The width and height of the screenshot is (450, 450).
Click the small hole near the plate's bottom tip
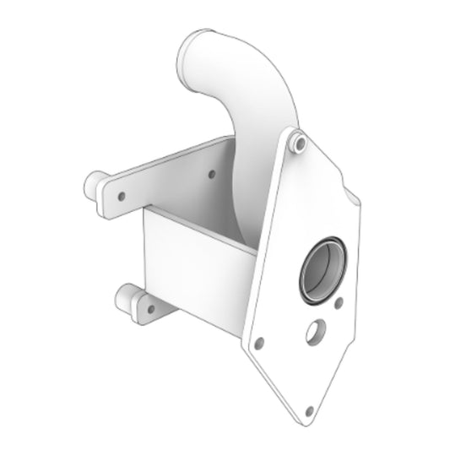(x=309, y=410)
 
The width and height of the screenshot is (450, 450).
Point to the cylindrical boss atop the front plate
(x=297, y=143)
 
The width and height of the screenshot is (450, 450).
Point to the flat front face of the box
(x=194, y=270)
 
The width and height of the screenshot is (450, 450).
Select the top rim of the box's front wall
(x=199, y=226)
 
